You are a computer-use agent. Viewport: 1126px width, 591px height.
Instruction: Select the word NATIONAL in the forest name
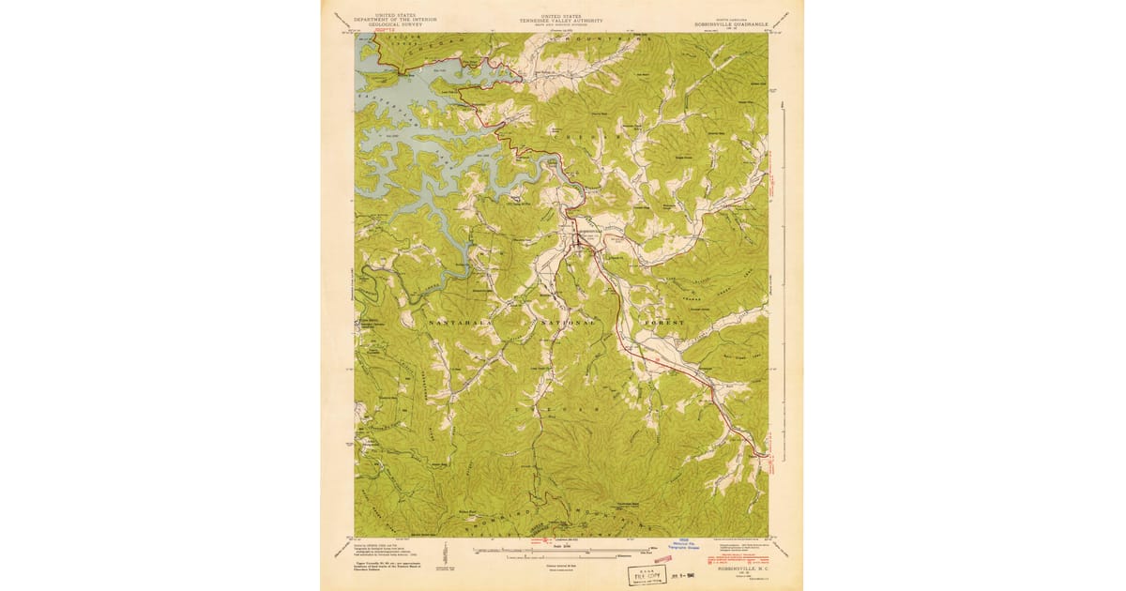click(x=567, y=322)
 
